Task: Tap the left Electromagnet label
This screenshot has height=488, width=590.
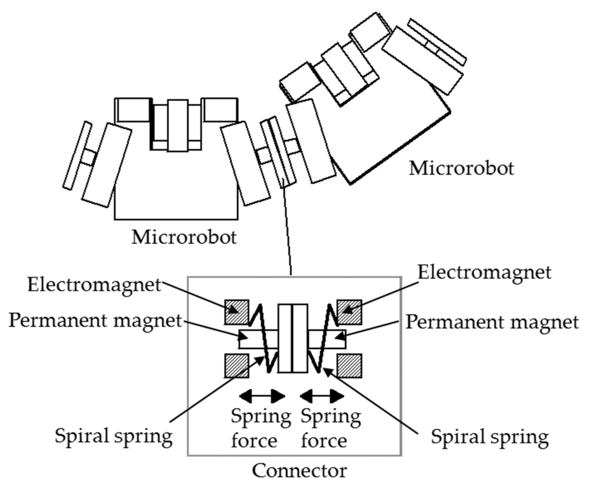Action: click(94, 285)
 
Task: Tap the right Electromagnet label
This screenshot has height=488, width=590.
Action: click(485, 272)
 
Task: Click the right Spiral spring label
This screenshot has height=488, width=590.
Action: click(490, 437)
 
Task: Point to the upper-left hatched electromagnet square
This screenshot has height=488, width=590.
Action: click(237, 312)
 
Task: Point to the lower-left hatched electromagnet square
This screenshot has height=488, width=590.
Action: click(237, 366)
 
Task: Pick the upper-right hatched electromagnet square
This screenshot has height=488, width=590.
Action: click(349, 312)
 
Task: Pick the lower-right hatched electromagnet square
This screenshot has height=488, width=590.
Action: click(349, 366)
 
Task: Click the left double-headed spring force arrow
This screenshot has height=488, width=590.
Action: click(262, 396)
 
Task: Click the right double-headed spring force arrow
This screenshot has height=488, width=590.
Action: click(322, 396)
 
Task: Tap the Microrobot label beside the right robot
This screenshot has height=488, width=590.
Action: click(461, 168)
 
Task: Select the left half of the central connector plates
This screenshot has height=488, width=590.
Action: click(285, 338)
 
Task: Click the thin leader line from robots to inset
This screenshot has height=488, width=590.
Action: click(287, 230)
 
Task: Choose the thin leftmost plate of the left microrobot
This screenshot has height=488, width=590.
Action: click(77, 156)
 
